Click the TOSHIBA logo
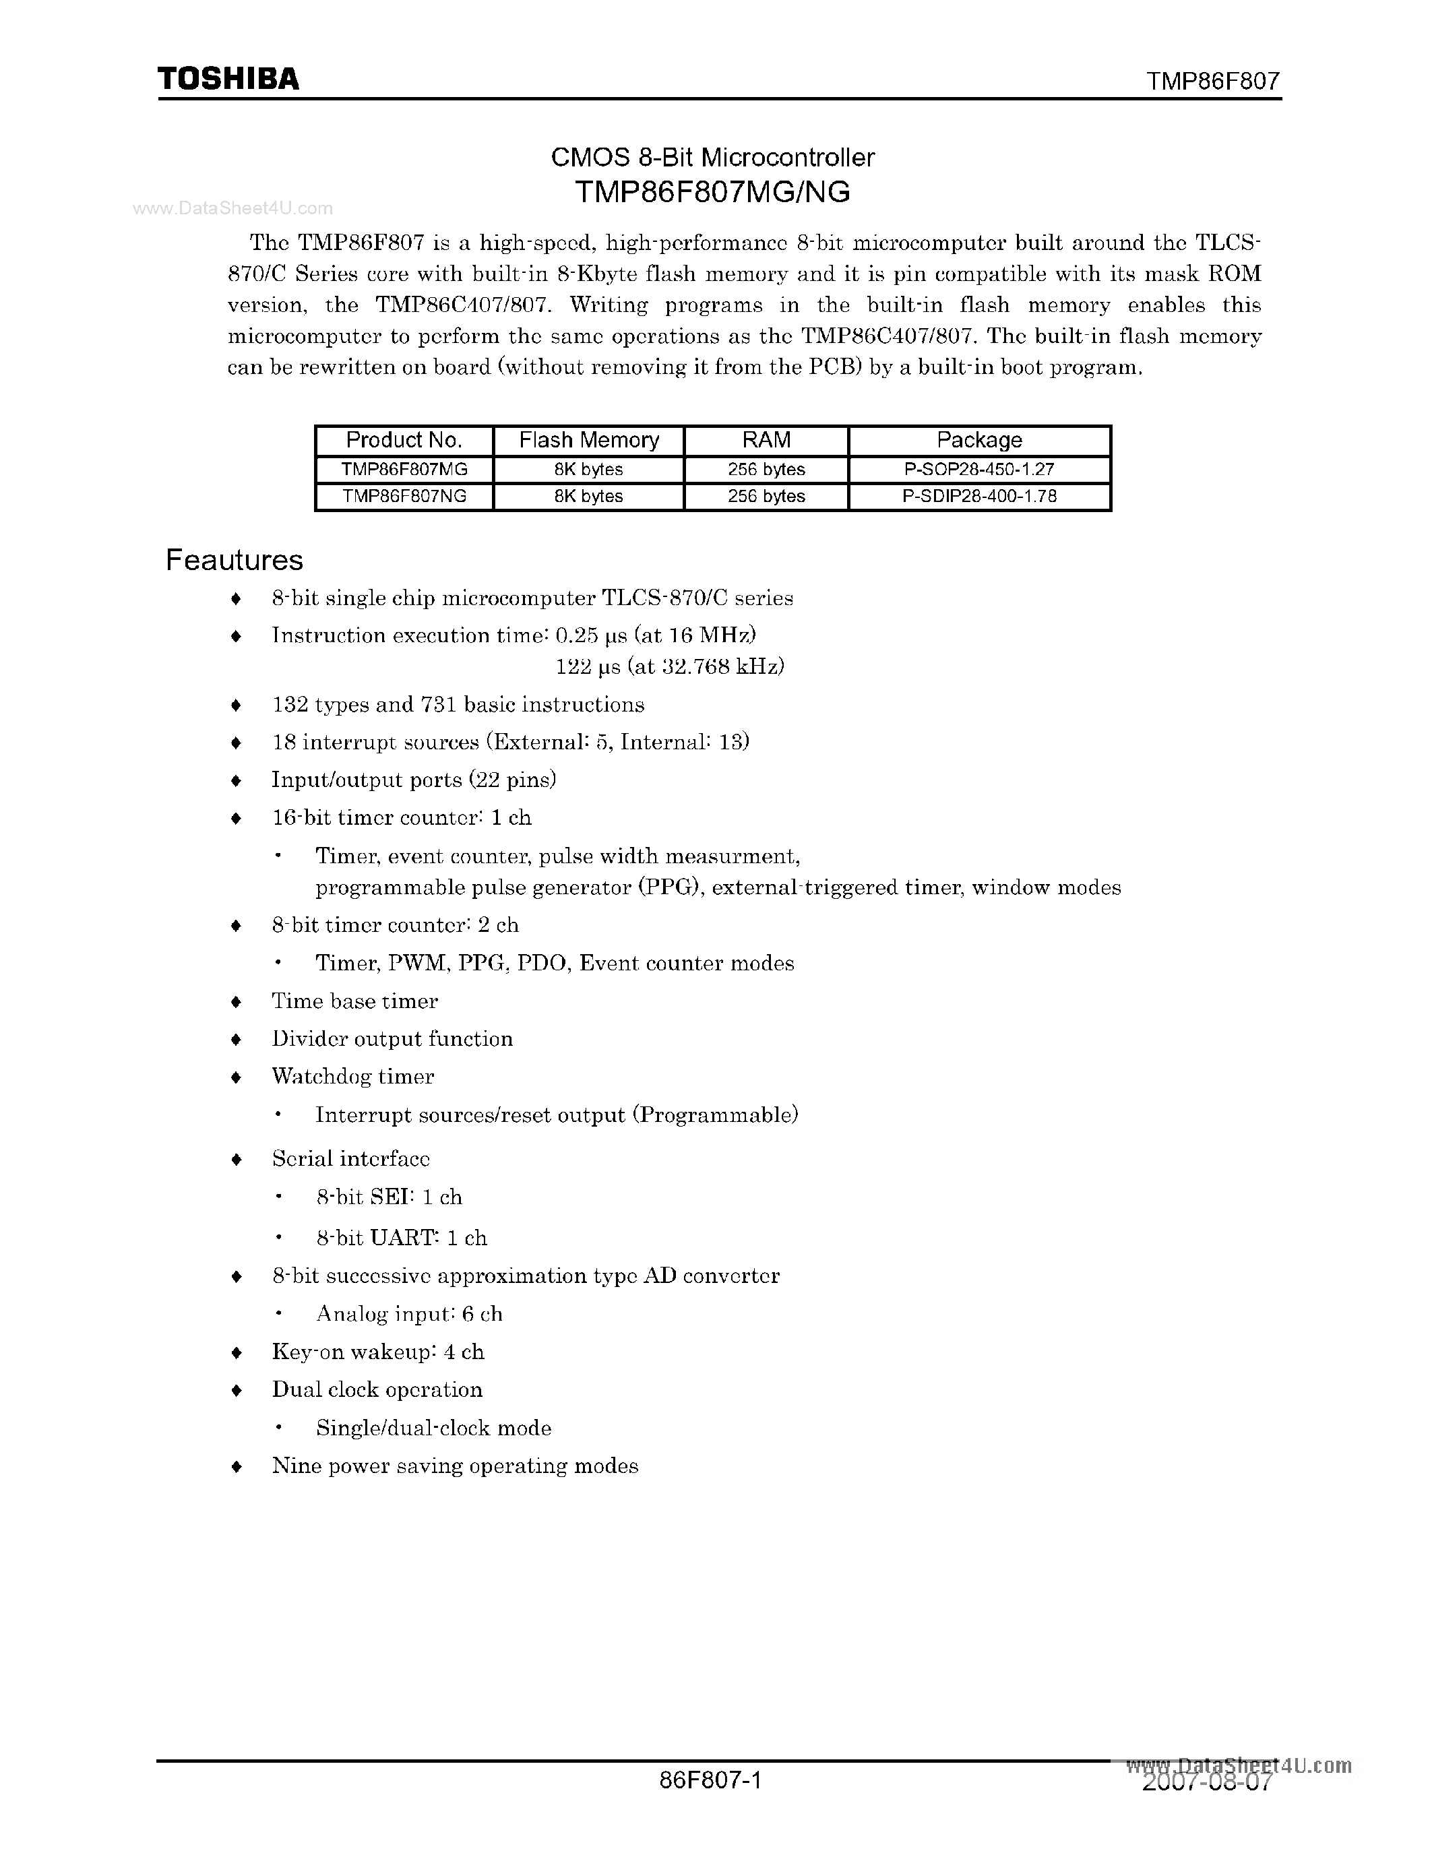pos(228,79)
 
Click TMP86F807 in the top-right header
pos(1212,82)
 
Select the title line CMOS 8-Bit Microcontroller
pos(712,158)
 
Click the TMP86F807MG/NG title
pos(712,193)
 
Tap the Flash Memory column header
pos(588,440)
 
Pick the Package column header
pos(979,440)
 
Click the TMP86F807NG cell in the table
pos(404,497)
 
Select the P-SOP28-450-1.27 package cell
pos(979,470)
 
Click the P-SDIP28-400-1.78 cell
pos(979,497)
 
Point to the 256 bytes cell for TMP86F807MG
pos(766,470)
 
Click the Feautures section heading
pos(234,560)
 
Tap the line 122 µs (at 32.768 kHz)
pos(670,667)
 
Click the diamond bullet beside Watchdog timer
pos(237,1078)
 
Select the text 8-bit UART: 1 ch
pos(402,1238)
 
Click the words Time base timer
pos(354,1002)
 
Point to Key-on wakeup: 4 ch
pos(378,1352)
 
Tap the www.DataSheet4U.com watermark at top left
pos(232,208)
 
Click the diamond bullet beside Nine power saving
pos(237,1467)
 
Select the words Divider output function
pos(392,1039)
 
